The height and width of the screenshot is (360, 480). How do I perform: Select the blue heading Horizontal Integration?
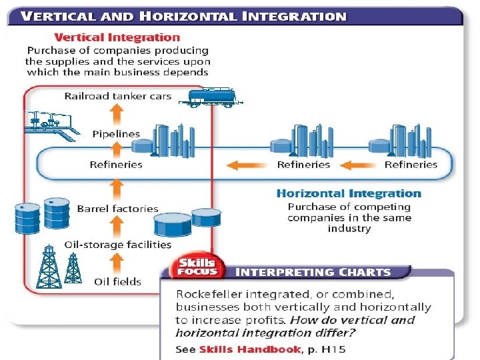[x=349, y=193]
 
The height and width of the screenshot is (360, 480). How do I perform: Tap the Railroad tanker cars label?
[x=117, y=96]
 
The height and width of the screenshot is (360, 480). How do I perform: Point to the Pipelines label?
[x=116, y=134]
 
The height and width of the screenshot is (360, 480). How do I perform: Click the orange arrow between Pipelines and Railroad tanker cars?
[x=116, y=115]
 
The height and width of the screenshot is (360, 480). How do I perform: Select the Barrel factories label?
[x=117, y=209]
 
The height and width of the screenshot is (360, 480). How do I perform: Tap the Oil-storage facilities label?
[x=117, y=245]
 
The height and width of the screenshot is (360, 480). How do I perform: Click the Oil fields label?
[x=117, y=281]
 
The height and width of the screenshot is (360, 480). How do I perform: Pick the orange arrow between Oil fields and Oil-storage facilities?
[x=116, y=263]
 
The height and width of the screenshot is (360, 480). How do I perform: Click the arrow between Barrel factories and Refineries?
[x=116, y=186]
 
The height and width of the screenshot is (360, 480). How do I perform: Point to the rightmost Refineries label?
[x=411, y=165]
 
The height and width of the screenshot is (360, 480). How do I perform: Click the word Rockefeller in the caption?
[x=207, y=294]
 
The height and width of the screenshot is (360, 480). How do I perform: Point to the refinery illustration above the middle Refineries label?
[x=303, y=140]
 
